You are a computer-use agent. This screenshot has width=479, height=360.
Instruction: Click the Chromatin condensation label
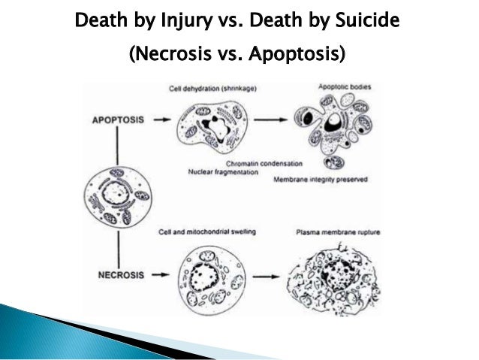click(x=262, y=162)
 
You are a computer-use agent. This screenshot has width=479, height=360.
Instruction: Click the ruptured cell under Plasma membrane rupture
click(x=336, y=278)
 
